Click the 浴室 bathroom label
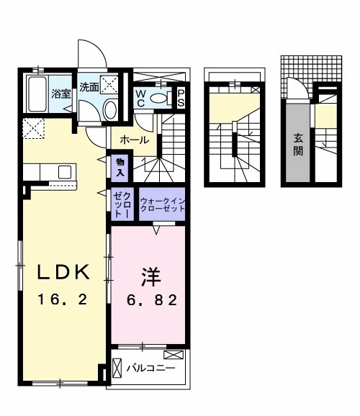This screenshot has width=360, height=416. pos(60,94)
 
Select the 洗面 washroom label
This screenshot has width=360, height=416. pos(89,88)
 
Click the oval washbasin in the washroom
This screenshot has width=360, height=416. pos(109,109)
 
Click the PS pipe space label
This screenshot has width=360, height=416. pos(181,98)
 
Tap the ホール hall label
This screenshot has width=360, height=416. pos(135,140)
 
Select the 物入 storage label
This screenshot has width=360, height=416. pos(120,168)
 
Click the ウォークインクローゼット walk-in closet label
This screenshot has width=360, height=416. pos(162,204)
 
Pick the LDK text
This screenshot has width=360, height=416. pos(63,272)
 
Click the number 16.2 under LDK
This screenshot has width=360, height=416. pos(63,299)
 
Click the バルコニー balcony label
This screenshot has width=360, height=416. pos(150,368)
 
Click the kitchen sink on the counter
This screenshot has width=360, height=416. pos(64,172)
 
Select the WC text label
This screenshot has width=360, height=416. pos(141,98)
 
